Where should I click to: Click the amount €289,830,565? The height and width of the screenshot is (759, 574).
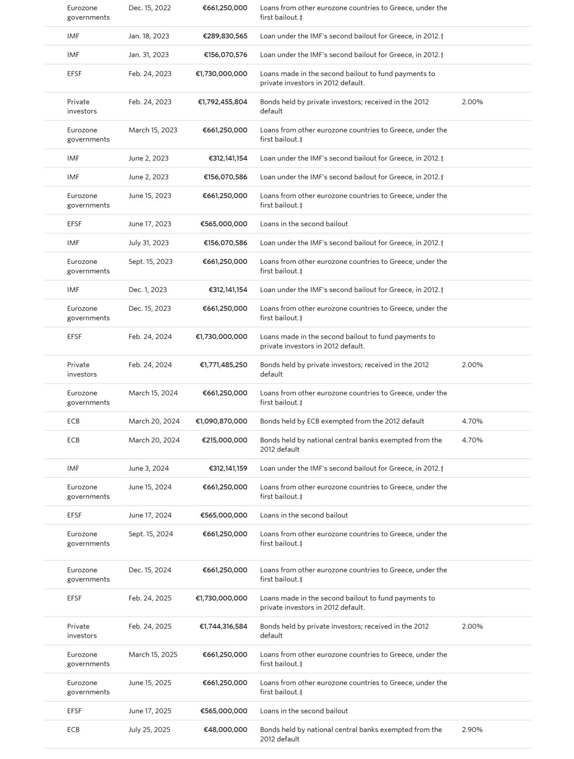[x=225, y=36]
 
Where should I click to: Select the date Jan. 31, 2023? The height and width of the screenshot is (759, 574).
[x=148, y=55]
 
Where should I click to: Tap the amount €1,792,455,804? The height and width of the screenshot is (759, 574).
[x=222, y=102]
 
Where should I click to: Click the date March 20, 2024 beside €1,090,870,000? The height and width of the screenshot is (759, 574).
[x=154, y=421]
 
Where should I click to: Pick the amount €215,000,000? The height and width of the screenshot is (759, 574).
[x=224, y=440]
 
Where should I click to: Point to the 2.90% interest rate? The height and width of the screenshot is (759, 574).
[x=472, y=729]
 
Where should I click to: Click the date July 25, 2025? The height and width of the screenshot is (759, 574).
[x=149, y=729]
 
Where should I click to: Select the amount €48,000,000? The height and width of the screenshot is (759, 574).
[x=225, y=729]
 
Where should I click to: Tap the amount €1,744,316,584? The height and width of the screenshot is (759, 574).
[x=223, y=626]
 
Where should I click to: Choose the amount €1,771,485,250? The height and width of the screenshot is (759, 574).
[x=223, y=365]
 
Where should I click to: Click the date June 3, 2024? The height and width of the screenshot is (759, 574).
[x=148, y=468]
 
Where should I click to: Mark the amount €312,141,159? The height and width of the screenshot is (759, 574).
[x=227, y=468]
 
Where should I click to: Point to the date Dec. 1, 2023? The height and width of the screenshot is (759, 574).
[x=147, y=290]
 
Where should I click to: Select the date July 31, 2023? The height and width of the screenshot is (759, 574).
[x=148, y=243]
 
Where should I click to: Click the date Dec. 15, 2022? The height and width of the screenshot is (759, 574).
[x=149, y=8]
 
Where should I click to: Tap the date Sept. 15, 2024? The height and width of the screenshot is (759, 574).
[x=150, y=534]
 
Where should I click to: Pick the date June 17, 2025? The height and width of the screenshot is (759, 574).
[x=150, y=711]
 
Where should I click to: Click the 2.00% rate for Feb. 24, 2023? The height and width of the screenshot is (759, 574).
[x=472, y=102]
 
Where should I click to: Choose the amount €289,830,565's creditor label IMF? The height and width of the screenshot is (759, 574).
[x=73, y=36]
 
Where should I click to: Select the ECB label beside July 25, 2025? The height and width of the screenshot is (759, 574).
[x=73, y=729]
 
